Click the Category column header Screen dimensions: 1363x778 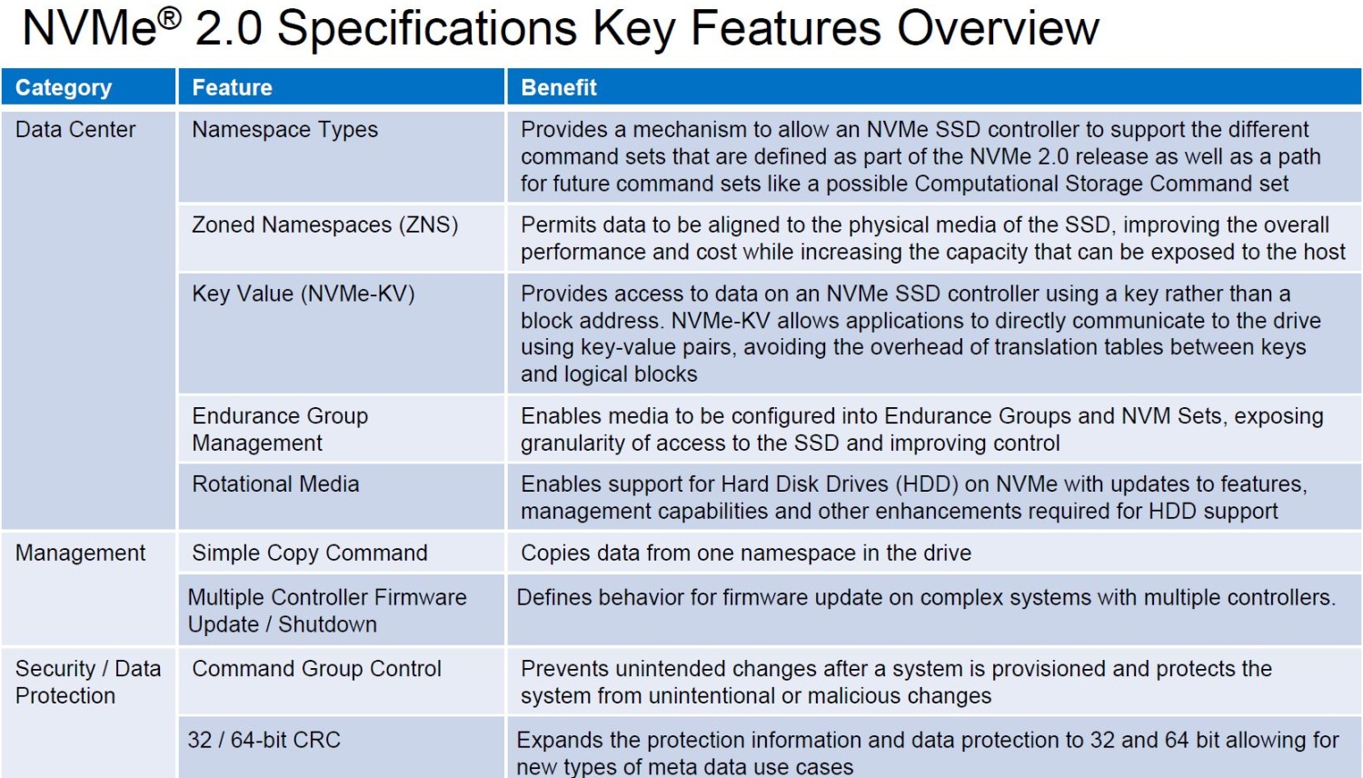point(64,87)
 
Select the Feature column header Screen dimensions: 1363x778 point(232,87)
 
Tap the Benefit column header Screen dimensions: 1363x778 point(559,87)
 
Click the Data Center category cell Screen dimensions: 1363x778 point(75,130)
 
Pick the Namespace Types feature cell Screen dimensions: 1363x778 point(284,130)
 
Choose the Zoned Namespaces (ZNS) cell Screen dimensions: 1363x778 point(325,225)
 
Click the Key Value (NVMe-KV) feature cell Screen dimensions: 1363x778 point(303,294)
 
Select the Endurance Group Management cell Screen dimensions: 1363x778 point(280,429)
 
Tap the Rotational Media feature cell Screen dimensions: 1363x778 point(275,484)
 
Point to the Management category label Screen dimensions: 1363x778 point(80,553)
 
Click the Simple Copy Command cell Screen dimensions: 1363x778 point(310,553)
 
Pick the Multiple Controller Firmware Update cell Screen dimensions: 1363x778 point(327,611)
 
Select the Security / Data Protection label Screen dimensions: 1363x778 point(88,682)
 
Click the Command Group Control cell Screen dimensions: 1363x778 point(316,668)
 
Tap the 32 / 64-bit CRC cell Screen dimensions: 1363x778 point(264,740)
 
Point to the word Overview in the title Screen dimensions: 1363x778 point(999,28)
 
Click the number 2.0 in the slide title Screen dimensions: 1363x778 point(229,28)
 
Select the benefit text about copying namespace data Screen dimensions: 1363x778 point(746,553)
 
